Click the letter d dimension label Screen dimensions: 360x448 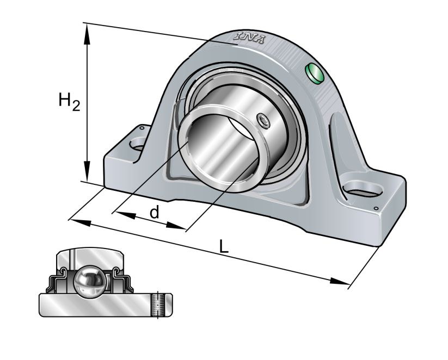(155, 213)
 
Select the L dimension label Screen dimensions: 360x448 (224, 246)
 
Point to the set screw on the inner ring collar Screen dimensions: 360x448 (263, 121)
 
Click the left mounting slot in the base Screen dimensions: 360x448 (138, 145)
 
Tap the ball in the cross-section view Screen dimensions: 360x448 (90, 282)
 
